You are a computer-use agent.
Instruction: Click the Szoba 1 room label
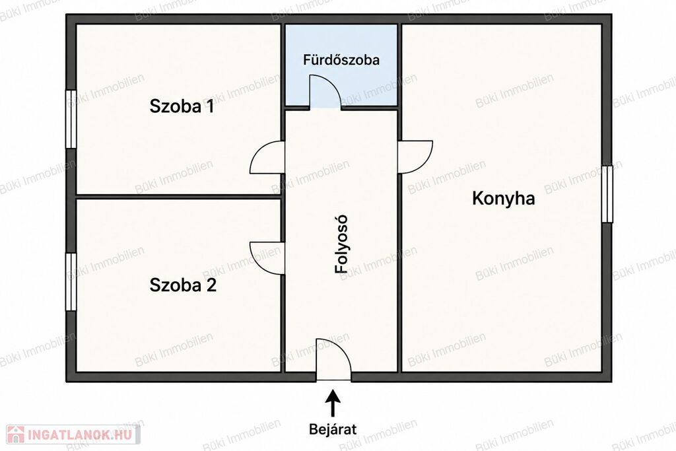pos(182,106)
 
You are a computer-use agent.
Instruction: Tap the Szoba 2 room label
pos(183,285)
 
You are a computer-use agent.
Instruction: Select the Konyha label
pos(504,198)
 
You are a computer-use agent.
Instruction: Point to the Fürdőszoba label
pos(341,59)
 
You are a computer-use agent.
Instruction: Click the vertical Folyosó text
pos(341,244)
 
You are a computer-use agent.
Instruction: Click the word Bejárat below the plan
pos(333,429)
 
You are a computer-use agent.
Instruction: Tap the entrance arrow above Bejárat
pos(333,403)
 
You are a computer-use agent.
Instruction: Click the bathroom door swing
pos(324,91)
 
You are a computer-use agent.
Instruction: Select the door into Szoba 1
pos(267,158)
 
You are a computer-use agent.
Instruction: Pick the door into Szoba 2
pos(267,258)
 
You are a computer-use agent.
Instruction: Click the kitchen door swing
pos(415,157)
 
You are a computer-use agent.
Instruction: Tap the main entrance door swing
pos(333,360)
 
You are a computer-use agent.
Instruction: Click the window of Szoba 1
pos(71,120)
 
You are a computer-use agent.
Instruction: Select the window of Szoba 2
pos(71,281)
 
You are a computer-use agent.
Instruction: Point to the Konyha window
pos(607,194)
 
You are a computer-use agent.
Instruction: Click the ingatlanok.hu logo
pos(73,434)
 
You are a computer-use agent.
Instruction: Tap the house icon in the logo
pos(16,434)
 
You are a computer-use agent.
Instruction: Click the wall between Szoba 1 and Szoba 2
pos(178,197)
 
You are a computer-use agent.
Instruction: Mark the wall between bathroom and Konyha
pos(399,65)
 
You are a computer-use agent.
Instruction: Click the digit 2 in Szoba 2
pos(211,285)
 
